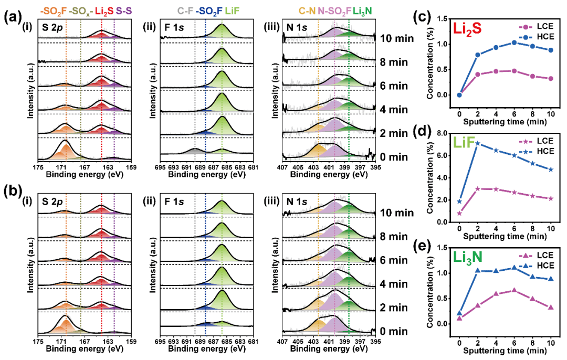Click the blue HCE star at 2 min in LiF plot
(x=477, y=143)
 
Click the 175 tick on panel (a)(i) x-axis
(x=38, y=167)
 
